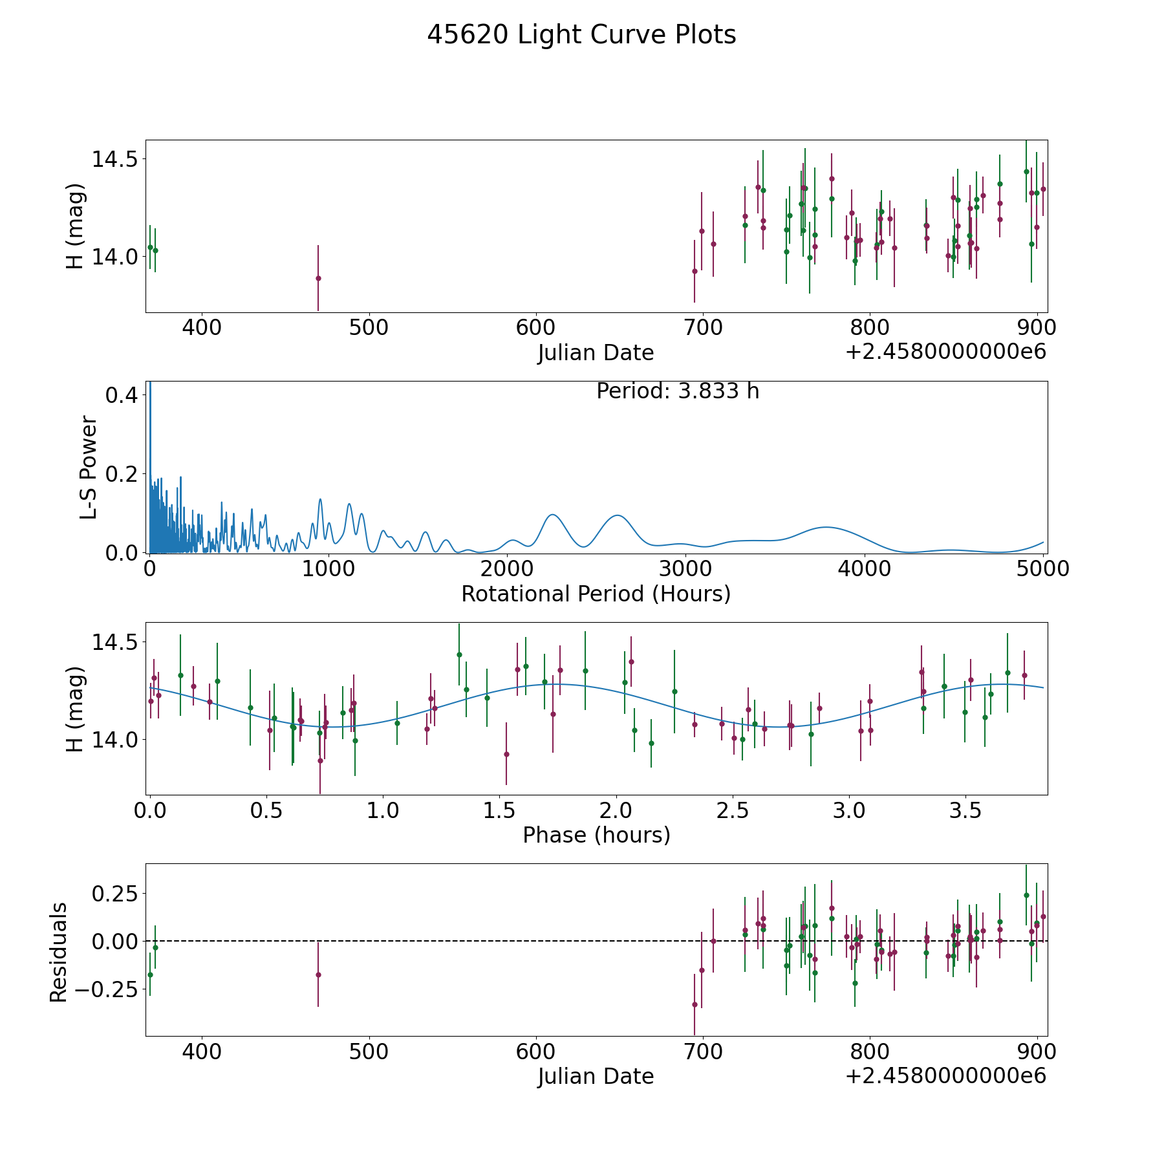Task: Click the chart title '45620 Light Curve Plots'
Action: [581, 35]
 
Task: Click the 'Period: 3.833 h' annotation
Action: [677, 391]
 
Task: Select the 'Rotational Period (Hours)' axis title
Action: [596, 594]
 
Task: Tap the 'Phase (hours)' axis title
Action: [596, 835]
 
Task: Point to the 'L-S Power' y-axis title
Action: [89, 467]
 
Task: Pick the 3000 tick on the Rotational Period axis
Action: [685, 569]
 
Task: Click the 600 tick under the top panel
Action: [536, 328]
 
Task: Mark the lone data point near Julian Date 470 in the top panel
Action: [318, 278]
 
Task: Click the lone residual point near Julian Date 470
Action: [318, 975]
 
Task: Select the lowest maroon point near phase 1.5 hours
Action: [506, 754]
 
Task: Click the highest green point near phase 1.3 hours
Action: [459, 654]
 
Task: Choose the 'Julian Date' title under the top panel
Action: [596, 353]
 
